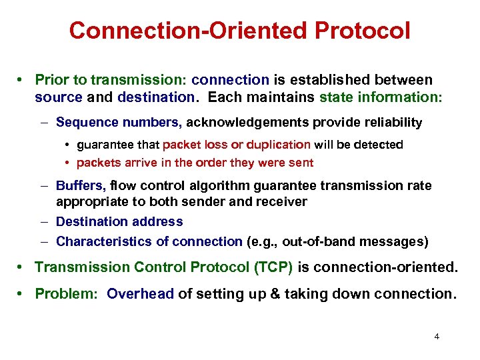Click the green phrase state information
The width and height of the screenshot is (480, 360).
[x=381, y=97]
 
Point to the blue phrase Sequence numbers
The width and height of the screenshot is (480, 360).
[x=118, y=122]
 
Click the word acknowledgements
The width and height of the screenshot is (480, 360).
[x=251, y=122]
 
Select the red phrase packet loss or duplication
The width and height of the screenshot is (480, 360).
[x=236, y=145]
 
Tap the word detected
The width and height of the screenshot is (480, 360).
[x=379, y=145]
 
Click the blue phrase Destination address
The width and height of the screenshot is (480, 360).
[x=119, y=221]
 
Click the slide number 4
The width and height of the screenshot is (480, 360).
[x=437, y=337]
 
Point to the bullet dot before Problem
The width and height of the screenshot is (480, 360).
[x=23, y=294]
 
